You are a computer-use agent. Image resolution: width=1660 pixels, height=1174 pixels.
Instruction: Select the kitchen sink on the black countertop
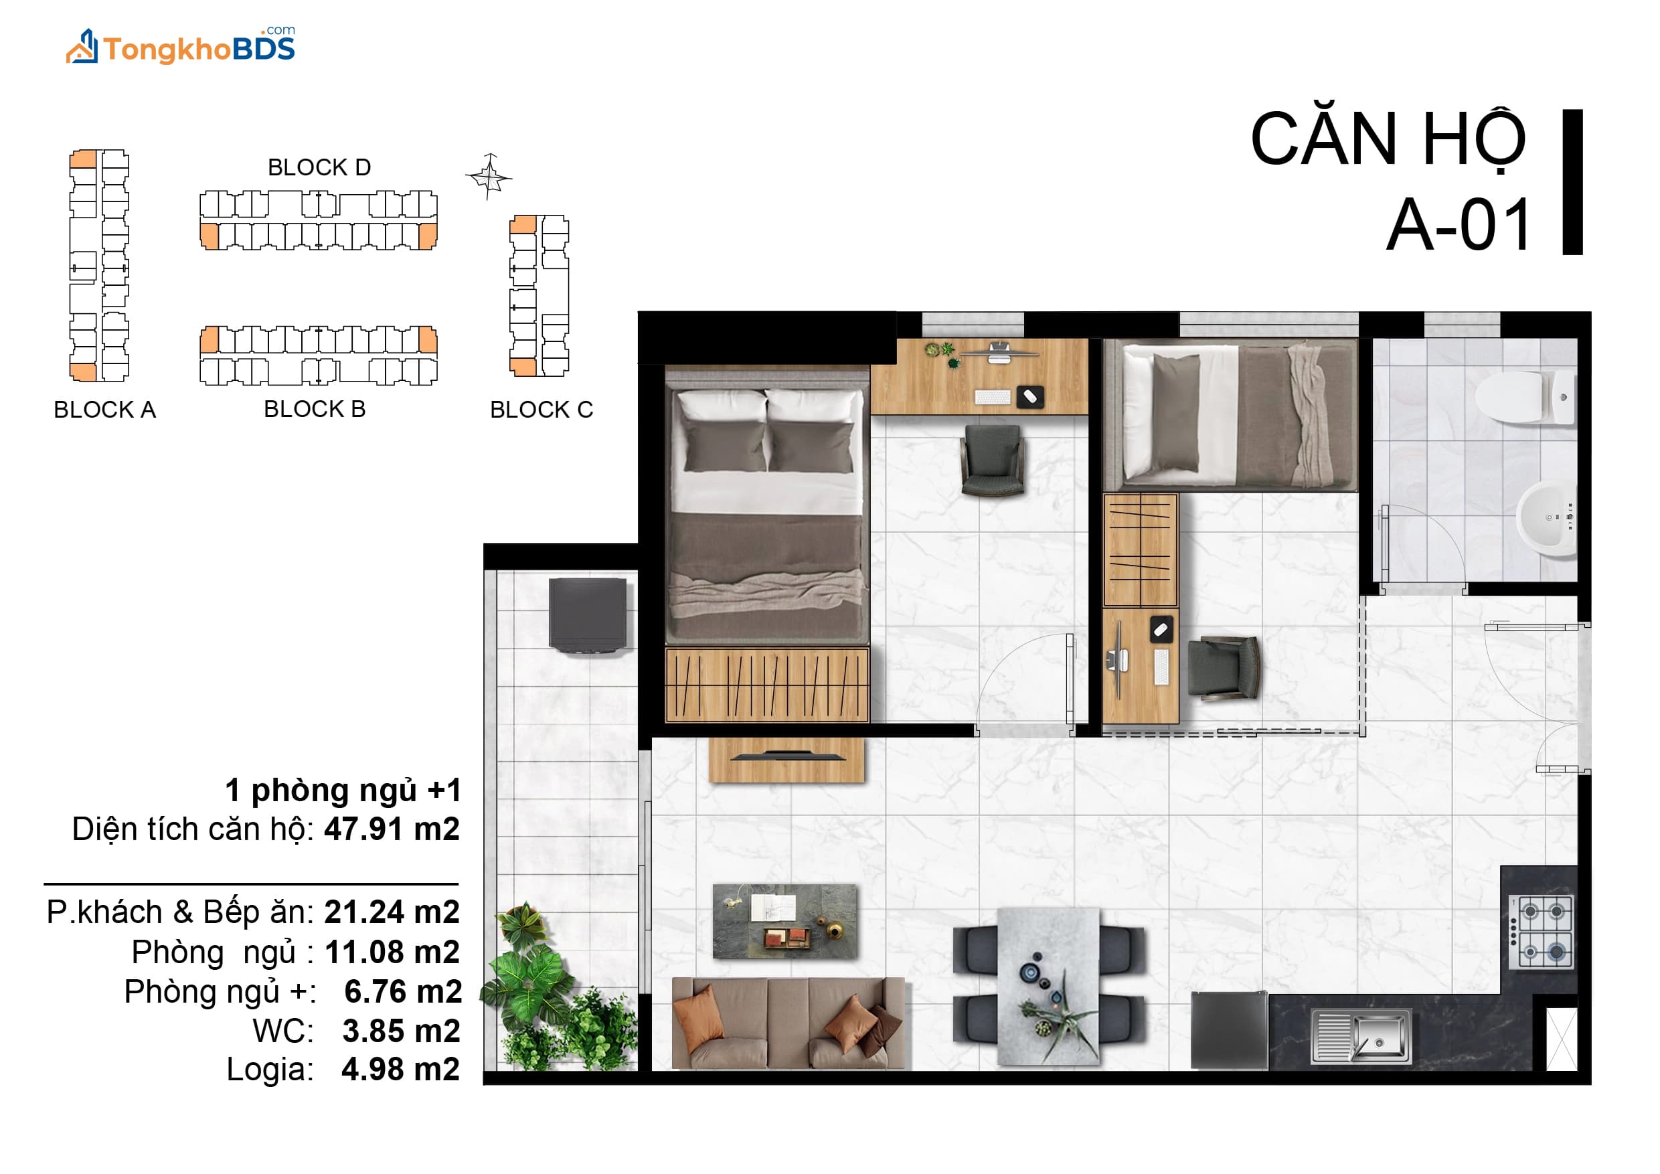point(1361,1036)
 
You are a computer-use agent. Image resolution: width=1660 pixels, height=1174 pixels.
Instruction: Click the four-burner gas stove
point(1541,932)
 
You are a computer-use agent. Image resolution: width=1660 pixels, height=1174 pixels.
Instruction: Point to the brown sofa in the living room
point(788,1022)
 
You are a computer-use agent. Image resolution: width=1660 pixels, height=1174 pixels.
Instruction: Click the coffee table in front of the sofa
point(785,922)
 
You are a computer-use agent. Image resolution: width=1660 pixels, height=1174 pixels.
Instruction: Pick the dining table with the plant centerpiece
point(1048,986)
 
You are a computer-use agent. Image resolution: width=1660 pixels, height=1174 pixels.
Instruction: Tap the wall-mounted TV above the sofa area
point(787,757)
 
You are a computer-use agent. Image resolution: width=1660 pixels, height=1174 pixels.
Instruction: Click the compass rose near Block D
point(489,175)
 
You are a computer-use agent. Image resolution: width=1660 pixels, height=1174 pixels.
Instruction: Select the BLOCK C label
point(542,410)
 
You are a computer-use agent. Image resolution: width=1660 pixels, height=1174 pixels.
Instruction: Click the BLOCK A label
point(105,410)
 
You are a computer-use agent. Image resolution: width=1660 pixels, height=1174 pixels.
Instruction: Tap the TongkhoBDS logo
point(181,46)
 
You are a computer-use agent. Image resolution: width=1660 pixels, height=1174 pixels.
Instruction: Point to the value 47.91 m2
point(392,829)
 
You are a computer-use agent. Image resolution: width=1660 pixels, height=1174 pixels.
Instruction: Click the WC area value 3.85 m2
point(401,1031)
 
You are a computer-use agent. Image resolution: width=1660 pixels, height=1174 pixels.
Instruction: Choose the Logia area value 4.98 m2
point(400,1069)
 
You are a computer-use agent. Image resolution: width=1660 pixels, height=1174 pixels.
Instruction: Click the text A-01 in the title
point(1459,225)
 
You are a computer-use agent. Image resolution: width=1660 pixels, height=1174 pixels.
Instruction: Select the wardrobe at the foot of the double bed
point(766,685)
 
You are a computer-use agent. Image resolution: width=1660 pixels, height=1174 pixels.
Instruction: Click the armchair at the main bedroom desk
point(993,460)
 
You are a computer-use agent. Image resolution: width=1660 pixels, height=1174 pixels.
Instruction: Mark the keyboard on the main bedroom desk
point(993,397)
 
